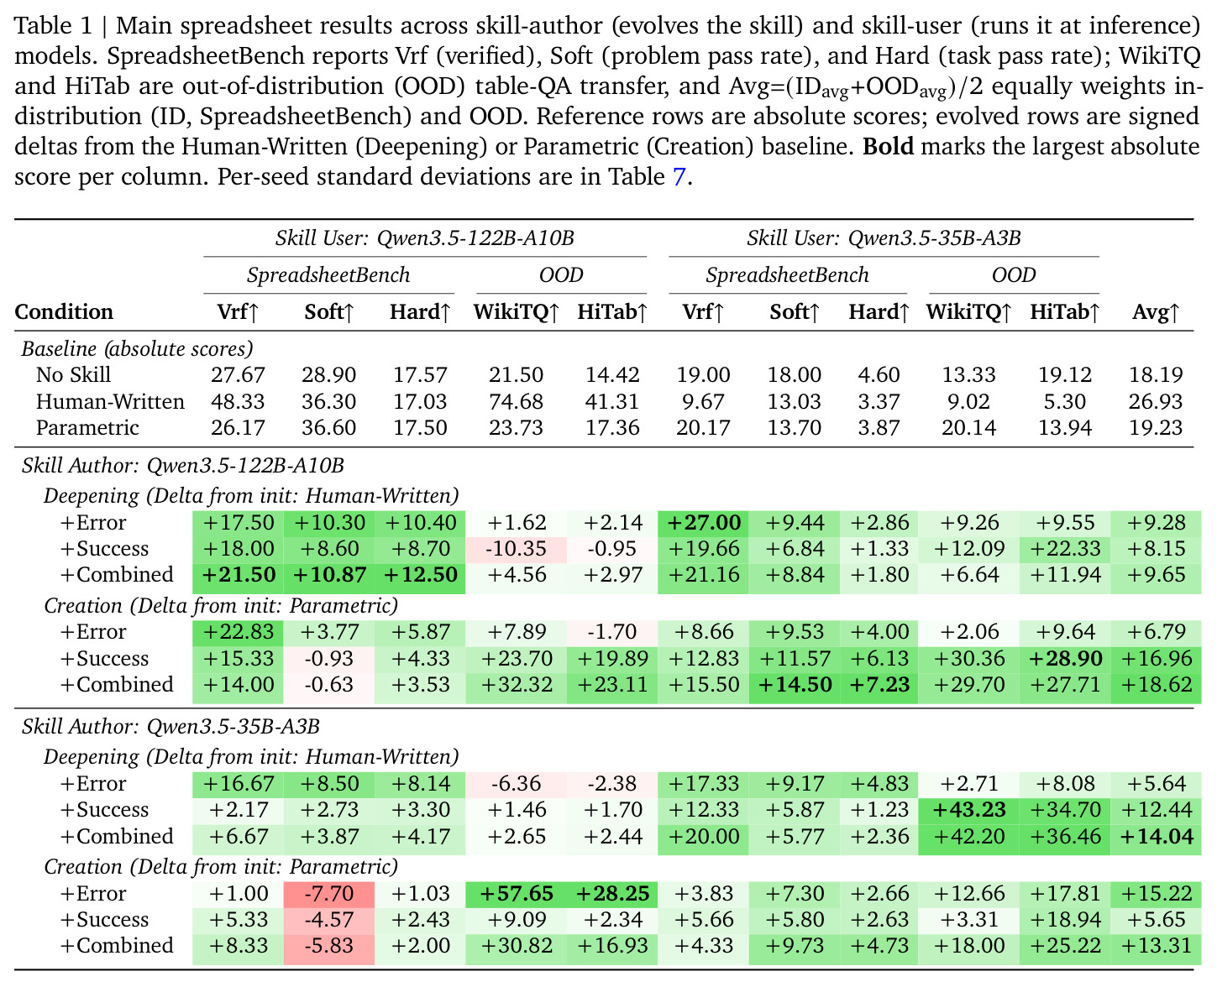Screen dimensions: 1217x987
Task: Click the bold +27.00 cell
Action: [703, 522]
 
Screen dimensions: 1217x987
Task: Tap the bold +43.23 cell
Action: [969, 809]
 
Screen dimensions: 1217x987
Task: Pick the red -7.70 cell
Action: [328, 893]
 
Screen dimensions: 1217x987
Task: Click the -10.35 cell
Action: [516, 549]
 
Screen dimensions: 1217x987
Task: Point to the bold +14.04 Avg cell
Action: [1157, 836]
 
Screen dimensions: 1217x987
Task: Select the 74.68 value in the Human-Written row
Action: [516, 401]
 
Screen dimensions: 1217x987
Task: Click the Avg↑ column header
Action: [1156, 311]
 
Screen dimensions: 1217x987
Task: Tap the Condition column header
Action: [64, 311]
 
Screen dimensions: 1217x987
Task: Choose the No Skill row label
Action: [73, 374]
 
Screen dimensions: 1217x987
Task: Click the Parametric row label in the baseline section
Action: [87, 427]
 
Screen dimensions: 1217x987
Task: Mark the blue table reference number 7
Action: [679, 176]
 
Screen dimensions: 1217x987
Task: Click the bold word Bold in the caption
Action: [888, 147]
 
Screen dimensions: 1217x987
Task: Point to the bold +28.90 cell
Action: [1065, 658]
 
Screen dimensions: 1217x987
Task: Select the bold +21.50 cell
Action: [239, 574]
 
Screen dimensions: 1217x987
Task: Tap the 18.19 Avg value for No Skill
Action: [1156, 374]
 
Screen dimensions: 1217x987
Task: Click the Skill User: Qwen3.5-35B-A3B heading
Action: [884, 238]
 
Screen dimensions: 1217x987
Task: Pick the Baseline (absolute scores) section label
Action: [137, 349]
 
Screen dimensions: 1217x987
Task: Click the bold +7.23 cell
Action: [879, 685]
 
